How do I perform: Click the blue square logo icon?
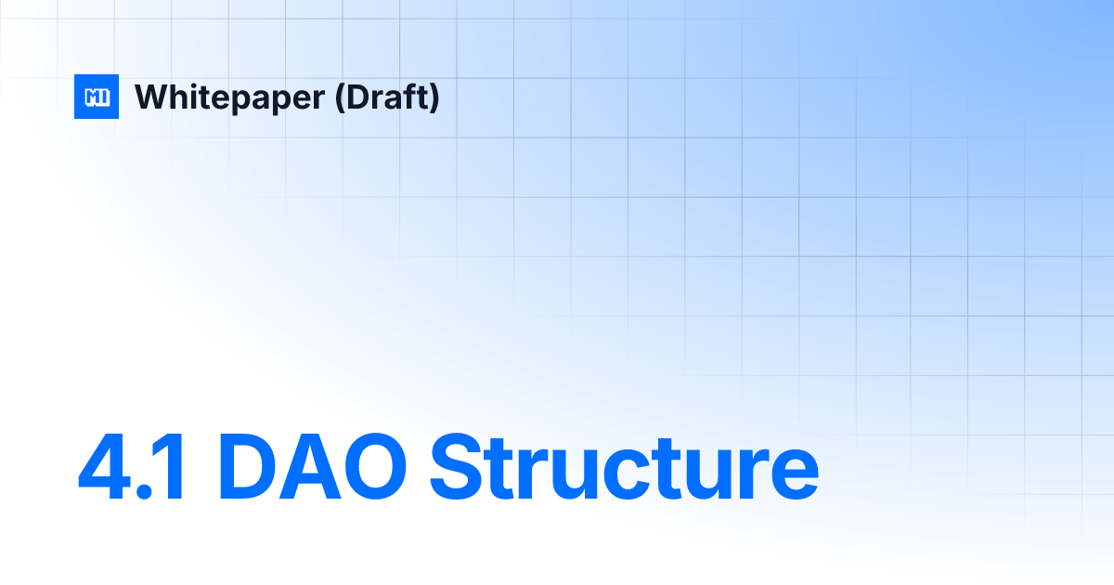pyautogui.click(x=97, y=97)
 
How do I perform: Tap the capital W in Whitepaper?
pyautogui.click(x=151, y=97)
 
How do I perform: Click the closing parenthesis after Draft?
pyautogui.click(x=434, y=97)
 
